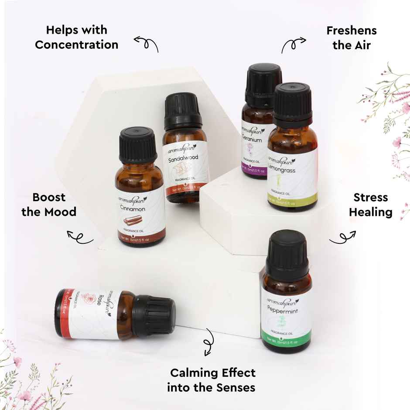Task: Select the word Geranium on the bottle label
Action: pyautogui.click(x=251, y=140)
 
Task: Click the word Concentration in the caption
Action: pyautogui.click(x=76, y=45)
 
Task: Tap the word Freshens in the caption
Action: pyautogui.click(x=352, y=31)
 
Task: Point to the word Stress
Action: pyautogui.click(x=371, y=197)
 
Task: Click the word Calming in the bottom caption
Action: pyautogui.click(x=193, y=373)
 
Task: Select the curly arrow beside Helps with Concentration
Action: pyautogui.click(x=146, y=43)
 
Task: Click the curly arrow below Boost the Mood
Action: pyautogui.click(x=80, y=237)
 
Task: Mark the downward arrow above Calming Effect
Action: pyautogui.click(x=208, y=341)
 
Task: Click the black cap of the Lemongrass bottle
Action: pyautogui.click(x=293, y=103)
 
